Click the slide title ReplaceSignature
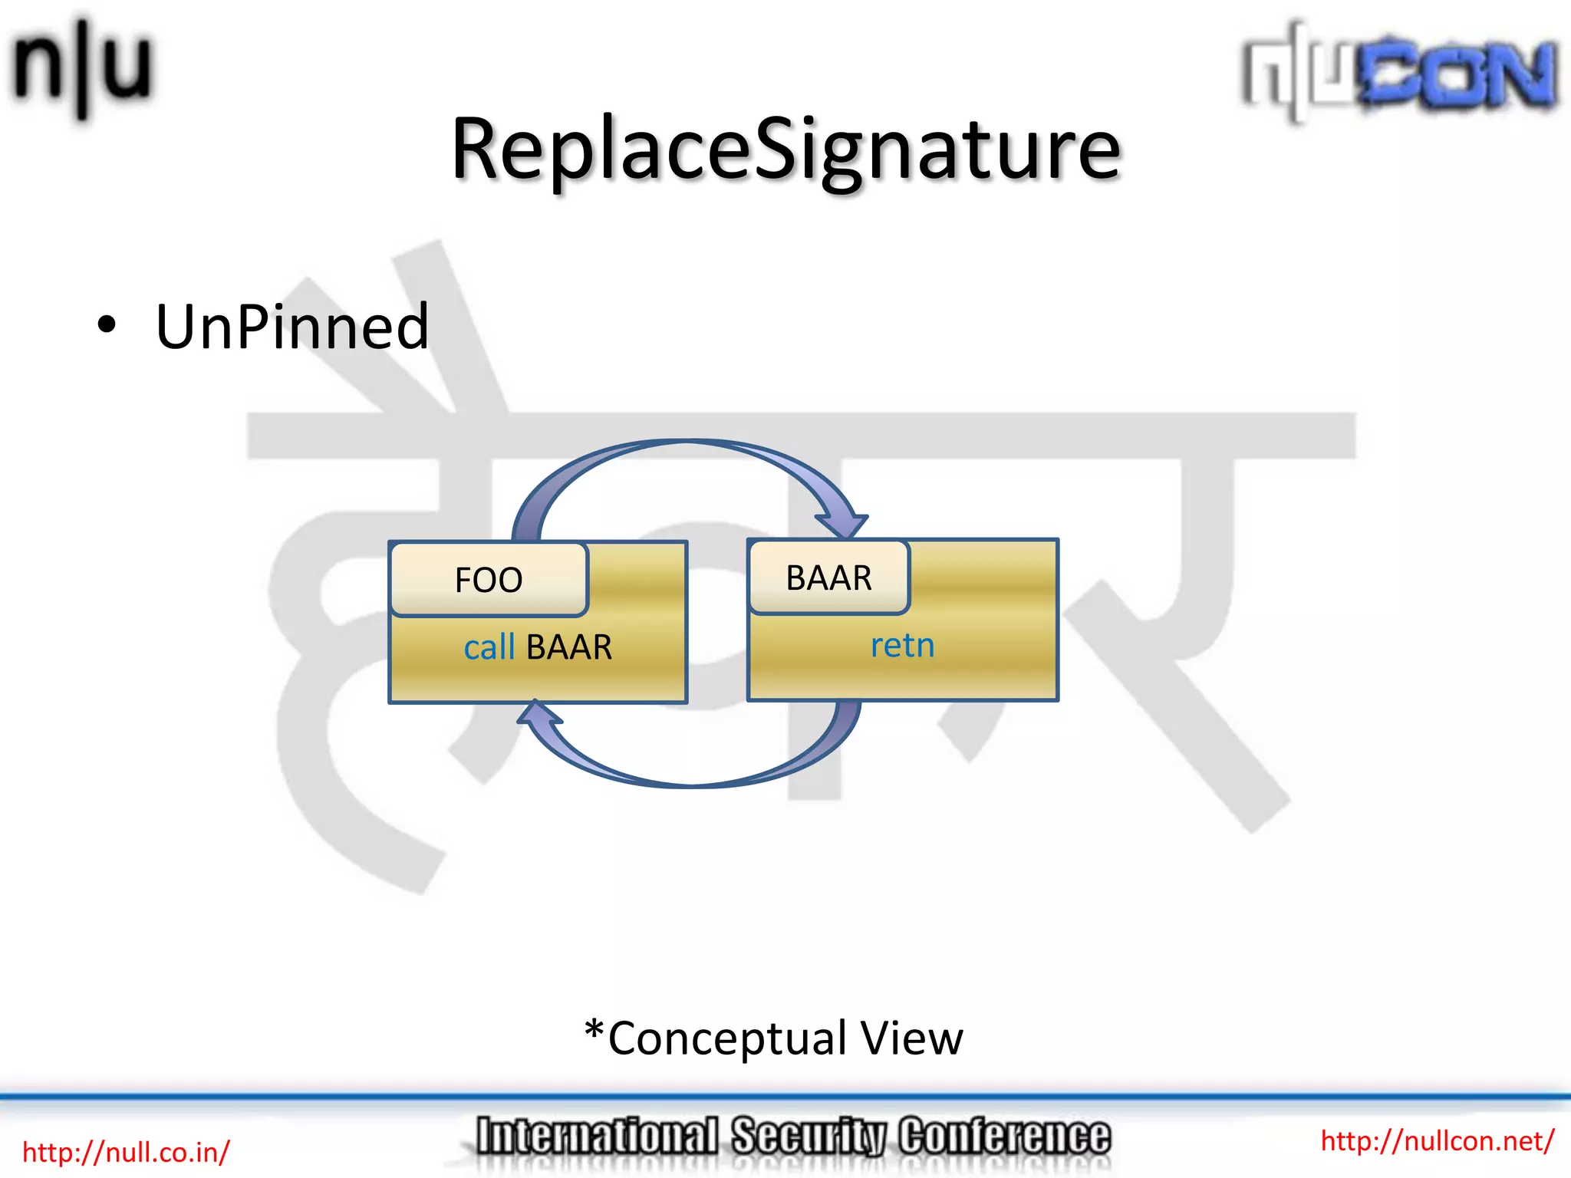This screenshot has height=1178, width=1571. (x=785, y=150)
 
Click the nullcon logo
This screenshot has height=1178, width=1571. (x=1399, y=73)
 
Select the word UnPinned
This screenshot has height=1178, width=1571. (x=291, y=327)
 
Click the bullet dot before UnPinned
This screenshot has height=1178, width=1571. (x=107, y=325)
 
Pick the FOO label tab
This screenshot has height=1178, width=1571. (x=489, y=580)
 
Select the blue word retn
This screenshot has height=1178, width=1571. (x=902, y=646)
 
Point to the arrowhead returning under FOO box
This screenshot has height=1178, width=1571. (x=538, y=713)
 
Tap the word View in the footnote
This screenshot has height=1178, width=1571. (x=911, y=1038)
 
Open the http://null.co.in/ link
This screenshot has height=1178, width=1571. (x=126, y=1152)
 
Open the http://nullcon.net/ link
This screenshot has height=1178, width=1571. (x=1437, y=1141)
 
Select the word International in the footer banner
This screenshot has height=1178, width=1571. (x=597, y=1137)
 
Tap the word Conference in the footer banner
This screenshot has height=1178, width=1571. (x=1004, y=1137)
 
